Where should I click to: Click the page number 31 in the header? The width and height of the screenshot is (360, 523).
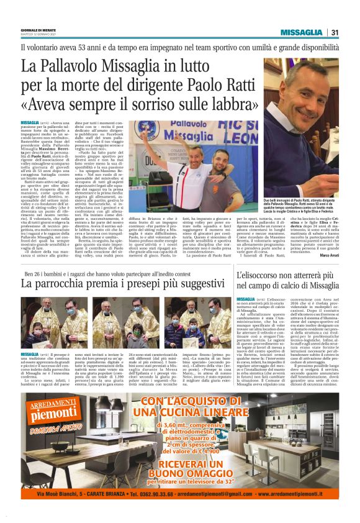coord(334,32)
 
